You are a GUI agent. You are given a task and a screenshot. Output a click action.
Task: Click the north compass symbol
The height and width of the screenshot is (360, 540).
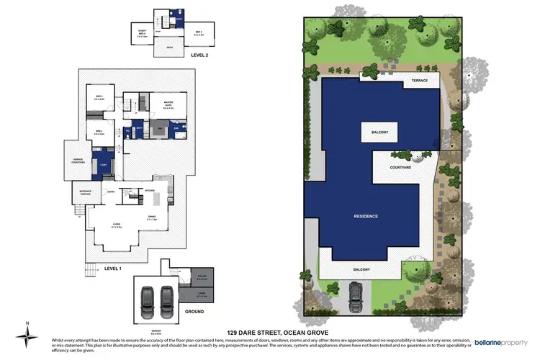pyautogui.click(x=27, y=333)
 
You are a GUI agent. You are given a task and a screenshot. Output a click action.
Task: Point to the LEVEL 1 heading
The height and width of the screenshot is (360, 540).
pyautogui.click(x=114, y=268)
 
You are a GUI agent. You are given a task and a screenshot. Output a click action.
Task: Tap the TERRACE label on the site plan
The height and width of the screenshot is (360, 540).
pyautogui.click(x=419, y=81)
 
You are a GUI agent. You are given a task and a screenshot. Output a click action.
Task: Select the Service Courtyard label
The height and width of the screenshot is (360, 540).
pyautogui.click(x=78, y=161)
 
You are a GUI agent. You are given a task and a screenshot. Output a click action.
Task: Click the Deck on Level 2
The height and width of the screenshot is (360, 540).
pyautogui.click(x=170, y=48)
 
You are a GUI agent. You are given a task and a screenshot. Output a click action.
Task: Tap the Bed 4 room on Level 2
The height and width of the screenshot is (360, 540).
pyautogui.click(x=199, y=32)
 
